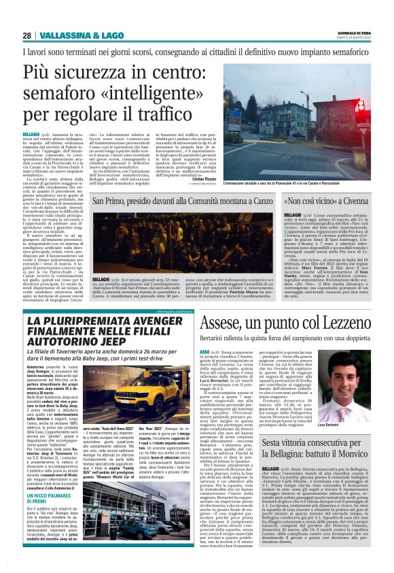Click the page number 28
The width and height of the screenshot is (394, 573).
pos(27,36)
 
